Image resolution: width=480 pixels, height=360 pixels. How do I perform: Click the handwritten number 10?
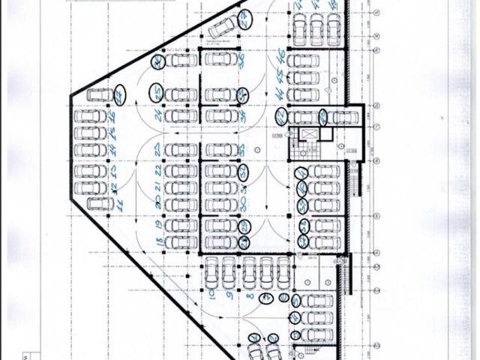tap(214, 288)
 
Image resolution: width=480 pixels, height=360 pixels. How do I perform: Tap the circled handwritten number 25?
tap(157, 93)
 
